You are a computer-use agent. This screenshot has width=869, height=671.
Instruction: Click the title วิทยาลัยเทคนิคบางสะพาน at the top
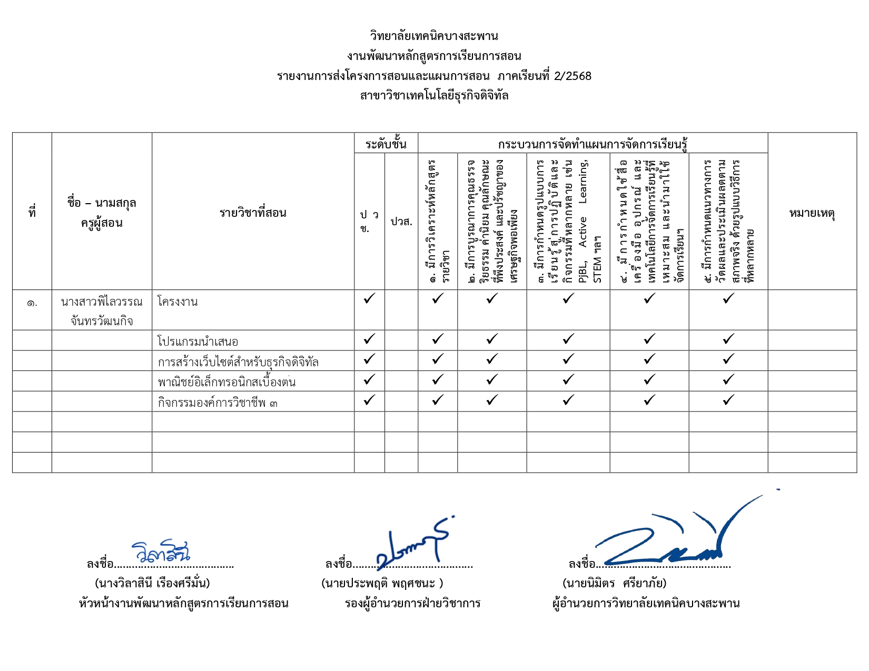click(434, 36)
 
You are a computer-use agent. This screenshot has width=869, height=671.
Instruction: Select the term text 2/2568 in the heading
click(573, 76)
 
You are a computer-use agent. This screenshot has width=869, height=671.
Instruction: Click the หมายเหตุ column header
click(812, 213)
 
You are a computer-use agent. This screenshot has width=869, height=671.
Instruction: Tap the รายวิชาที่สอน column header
click(253, 213)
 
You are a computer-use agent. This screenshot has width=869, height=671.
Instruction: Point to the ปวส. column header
click(401, 222)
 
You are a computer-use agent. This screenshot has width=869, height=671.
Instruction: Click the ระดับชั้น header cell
click(386, 144)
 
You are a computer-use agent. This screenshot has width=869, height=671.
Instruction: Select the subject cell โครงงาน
click(177, 302)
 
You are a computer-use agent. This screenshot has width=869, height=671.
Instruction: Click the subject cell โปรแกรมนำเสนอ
click(197, 342)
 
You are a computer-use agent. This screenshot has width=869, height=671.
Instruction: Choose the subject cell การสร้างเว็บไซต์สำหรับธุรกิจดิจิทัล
click(238, 362)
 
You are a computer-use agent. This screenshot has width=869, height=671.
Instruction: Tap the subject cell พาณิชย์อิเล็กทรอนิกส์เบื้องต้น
click(226, 382)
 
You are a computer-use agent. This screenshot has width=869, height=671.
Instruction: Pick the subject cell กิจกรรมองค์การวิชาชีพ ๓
click(217, 403)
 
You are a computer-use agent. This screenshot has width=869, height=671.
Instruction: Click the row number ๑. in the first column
click(32, 303)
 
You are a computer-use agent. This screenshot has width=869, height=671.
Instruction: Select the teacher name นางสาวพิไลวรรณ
click(102, 302)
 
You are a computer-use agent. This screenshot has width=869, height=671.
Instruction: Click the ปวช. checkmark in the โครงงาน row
click(369, 299)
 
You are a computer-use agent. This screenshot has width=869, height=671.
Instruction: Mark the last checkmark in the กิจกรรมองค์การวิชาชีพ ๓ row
click(728, 400)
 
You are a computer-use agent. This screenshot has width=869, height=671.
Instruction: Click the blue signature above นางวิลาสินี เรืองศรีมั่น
click(161, 552)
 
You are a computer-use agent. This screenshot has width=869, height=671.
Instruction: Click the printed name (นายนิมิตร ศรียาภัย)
click(614, 583)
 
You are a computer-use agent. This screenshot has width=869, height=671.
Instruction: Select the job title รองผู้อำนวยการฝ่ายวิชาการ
click(412, 604)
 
